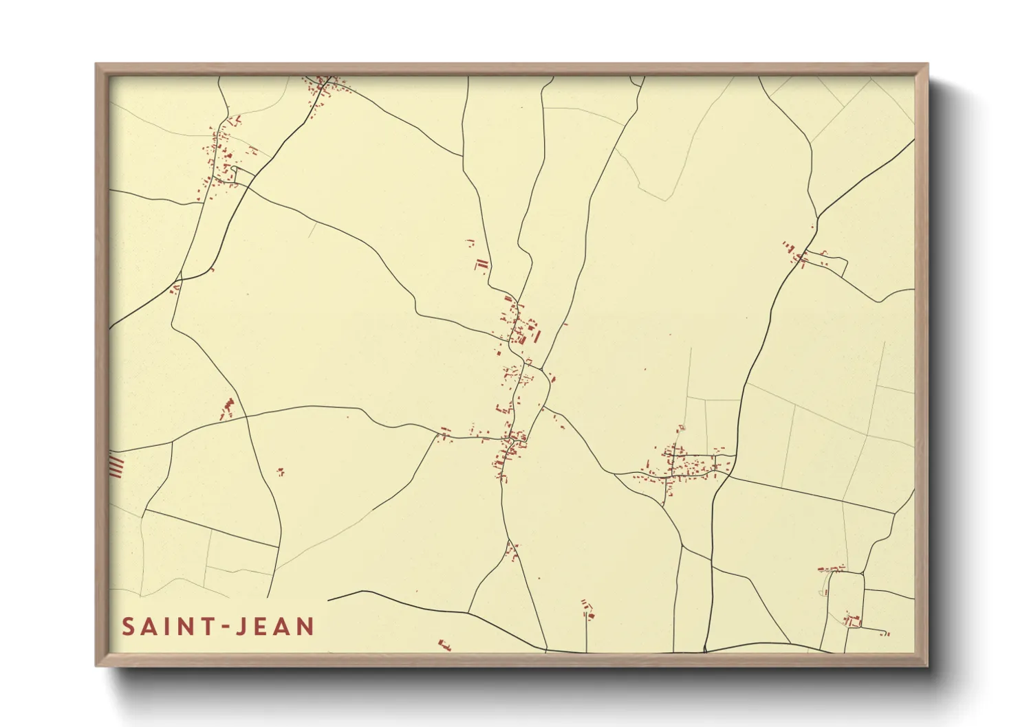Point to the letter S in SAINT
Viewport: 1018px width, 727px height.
click(128, 627)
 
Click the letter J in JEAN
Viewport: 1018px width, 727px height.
click(239, 627)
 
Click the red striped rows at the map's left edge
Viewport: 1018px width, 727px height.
click(116, 465)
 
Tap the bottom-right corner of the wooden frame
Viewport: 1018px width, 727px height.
click(927, 665)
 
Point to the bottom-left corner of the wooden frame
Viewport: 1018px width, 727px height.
click(97, 665)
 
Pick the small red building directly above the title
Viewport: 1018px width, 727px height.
click(280, 471)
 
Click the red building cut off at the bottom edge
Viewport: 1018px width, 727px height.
click(444, 645)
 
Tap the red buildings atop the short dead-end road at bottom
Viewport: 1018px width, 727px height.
click(587, 607)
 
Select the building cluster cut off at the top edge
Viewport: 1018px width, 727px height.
click(323, 86)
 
